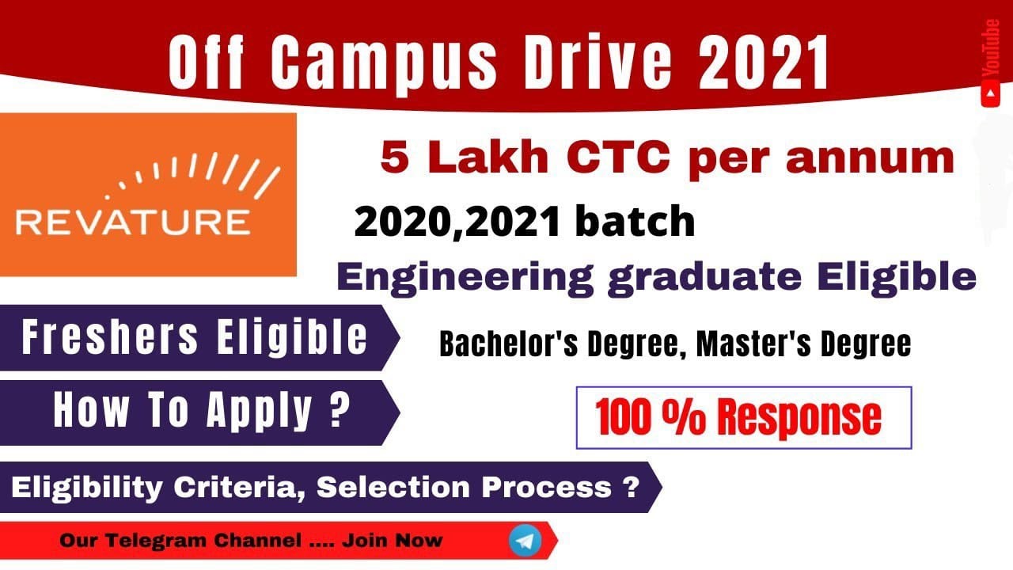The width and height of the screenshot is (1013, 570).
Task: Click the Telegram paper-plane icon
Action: click(x=525, y=541)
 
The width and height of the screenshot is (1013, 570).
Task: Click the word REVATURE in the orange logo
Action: click(x=132, y=221)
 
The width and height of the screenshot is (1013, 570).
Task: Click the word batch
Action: click(x=635, y=222)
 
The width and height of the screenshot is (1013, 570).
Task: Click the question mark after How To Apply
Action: click(x=340, y=410)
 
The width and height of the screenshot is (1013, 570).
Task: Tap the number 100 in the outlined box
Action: click(x=627, y=418)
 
